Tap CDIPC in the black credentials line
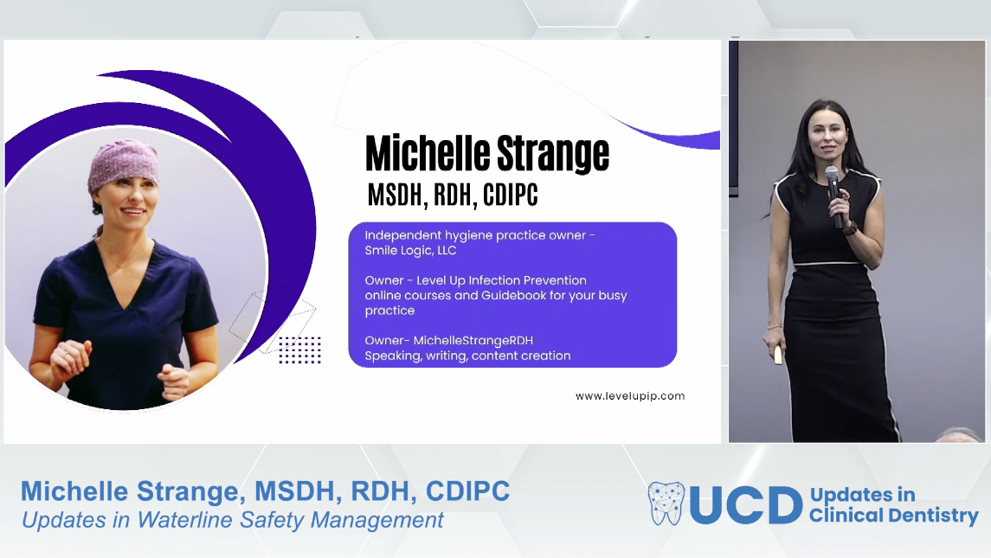pyautogui.click(x=511, y=196)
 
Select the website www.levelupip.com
pyautogui.click(x=630, y=396)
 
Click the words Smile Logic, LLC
pyautogui.click(x=410, y=250)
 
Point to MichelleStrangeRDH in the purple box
pyautogui.click(x=473, y=341)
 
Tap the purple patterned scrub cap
pyautogui.click(x=123, y=165)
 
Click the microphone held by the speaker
pyautogui.click(x=834, y=196)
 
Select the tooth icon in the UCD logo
pyautogui.click(x=666, y=503)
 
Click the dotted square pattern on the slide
pyautogui.click(x=300, y=350)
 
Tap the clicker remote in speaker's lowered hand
pyautogui.click(x=777, y=355)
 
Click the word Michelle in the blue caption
pyautogui.click(x=74, y=491)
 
